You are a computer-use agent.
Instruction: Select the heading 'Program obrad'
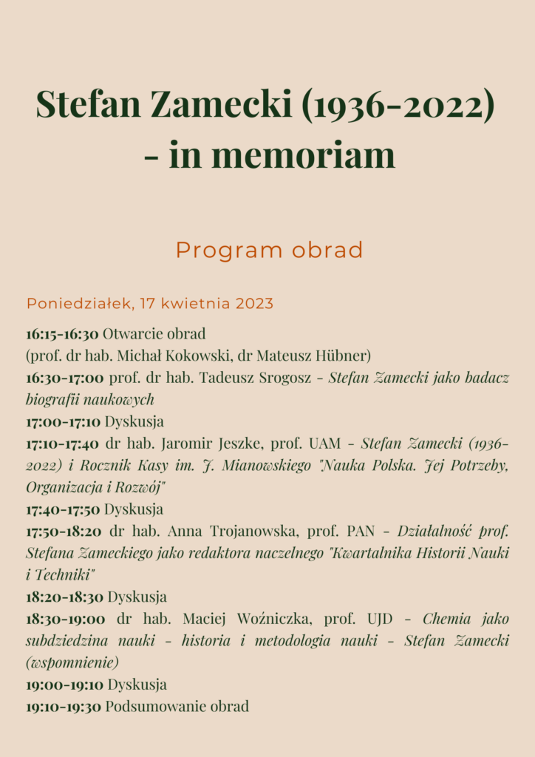click(269, 251)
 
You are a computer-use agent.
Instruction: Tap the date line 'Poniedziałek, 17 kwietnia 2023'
click(150, 303)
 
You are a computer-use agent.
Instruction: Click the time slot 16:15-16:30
click(62, 333)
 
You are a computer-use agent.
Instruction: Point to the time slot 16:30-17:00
click(65, 378)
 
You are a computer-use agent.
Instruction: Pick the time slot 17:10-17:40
click(63, 444)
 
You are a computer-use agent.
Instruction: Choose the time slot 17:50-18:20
click(65, 531)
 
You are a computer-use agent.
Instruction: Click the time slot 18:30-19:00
click(65, 619)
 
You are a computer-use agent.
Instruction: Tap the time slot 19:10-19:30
click(63, 706)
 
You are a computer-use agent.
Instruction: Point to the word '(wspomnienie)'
click(72, 662)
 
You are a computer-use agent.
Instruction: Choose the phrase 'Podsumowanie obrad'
click(177, 706)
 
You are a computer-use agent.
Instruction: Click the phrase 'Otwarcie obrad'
click(154, 333)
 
